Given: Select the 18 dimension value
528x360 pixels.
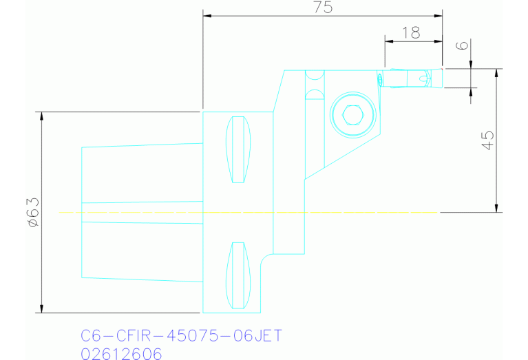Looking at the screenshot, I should [x=410, y=32].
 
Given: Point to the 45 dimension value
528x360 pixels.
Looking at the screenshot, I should [x=487, y=140].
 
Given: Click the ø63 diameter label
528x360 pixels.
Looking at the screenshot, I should [x=32, y=211].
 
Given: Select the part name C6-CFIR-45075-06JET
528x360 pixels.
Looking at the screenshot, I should [x=181, y=337].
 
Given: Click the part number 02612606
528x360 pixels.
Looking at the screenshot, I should [x=121, y=354].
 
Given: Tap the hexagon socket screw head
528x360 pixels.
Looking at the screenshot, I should [x=352, y=115].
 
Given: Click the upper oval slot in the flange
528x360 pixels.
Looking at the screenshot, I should [x=238, y=150].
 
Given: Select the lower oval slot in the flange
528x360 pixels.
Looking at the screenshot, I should [x=238, y=275].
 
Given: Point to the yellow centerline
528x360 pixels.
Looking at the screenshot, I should [x=248, y=213].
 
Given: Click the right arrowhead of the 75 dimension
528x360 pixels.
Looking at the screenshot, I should [x=439, y=16].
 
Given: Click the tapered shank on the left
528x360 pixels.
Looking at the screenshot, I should [x=141, y=213].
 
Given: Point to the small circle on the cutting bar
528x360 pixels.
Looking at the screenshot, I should [x=422, y=78].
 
